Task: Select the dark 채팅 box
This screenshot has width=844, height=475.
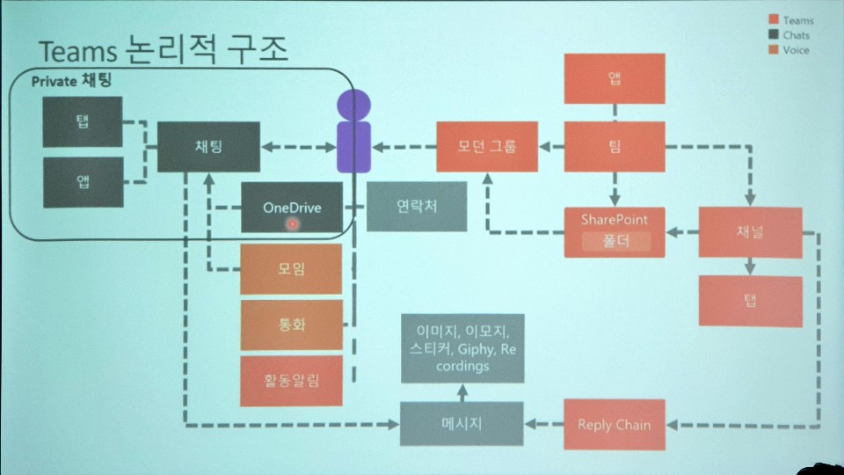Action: point(208,146)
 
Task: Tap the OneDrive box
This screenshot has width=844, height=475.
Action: point(292,208)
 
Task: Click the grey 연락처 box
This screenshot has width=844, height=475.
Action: point(404,207)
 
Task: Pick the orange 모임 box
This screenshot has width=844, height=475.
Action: point(291,268)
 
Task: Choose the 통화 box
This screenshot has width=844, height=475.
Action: point(291,324)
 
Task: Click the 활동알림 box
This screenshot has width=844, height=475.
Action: point(291,380)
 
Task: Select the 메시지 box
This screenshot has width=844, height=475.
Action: point(461,423)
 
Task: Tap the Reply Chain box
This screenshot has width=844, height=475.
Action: point(614,424)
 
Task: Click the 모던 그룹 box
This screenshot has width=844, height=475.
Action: point(487,146)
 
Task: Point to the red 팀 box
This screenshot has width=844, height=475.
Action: point(615,146)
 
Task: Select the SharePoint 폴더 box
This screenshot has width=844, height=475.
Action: point(615,231)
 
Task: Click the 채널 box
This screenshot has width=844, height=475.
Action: point(750,232)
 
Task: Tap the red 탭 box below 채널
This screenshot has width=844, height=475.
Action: point(750,301)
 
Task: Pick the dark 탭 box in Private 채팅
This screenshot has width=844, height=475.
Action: point(83,121)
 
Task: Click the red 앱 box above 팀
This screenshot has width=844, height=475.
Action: point(615,77)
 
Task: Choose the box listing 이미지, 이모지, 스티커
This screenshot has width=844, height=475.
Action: point(462,347)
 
